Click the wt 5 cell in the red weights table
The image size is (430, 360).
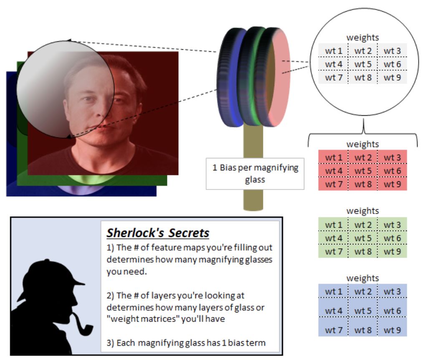point(362,171)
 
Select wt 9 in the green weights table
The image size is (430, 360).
point(392,251)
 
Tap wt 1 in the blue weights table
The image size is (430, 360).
point(333,292)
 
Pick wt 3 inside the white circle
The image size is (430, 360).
point(392,51)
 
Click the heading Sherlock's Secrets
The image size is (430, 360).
point(158,233)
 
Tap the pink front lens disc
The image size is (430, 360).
point(277,77)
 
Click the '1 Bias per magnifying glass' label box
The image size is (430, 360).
point(254,173)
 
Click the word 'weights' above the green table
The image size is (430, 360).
point(362,211)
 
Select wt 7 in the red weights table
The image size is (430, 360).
point(333,184)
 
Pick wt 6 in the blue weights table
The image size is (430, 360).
point(392,311)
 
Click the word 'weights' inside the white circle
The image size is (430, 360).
point(362,38)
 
